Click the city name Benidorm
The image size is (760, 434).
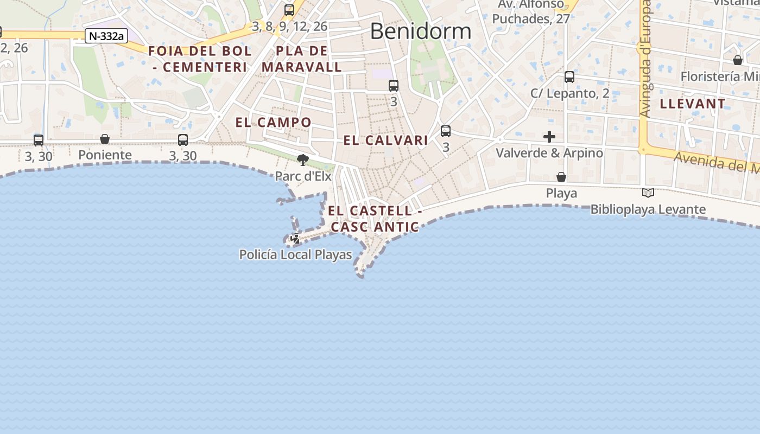tap(420, 31)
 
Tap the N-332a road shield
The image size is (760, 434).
tap(106, 36)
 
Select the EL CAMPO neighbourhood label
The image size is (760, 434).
tap(273, 123)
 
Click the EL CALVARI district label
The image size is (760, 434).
tap(385, 141)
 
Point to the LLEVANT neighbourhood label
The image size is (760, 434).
tap(692, 104)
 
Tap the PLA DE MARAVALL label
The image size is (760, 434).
tap(302, 59)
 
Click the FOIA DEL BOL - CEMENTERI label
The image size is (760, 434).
tap(200, 59)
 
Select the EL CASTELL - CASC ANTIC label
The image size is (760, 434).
tap(375, 219)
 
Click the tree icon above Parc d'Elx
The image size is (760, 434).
tap(303, 159)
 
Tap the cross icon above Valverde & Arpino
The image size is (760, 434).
tap(549, 137)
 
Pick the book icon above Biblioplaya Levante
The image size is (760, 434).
tap(648, 193)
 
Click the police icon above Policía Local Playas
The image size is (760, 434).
tap(295, 238)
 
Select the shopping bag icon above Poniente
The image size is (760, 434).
tap(105, 139)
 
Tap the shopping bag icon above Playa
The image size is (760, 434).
tap(561, 177)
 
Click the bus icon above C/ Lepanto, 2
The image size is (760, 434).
tap(569, 77)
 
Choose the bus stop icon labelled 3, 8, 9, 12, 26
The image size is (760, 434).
tap(289, 10)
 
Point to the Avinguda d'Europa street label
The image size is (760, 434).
tap(645, 59)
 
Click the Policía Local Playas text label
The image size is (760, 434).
tap(295, 254)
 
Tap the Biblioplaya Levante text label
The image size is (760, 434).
tap(648, 209)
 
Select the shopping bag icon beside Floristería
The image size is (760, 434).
tap(738, 60)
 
